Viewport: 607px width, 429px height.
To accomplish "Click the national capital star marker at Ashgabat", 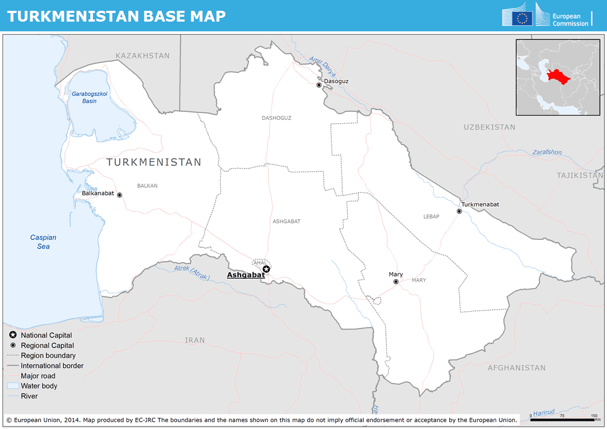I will coord(266,269).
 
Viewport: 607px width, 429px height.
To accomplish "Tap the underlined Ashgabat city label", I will coord(246,275).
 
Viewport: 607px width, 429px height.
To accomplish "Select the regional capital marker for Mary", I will coord(396,281).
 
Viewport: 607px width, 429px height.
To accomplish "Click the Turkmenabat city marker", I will coord(459,211).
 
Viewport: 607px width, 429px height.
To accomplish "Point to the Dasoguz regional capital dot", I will coord(319,85).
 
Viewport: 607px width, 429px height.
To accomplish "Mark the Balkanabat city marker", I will coord(119,195).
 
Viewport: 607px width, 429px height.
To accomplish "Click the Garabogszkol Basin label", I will coord(90,97).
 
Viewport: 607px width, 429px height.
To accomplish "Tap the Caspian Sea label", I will coord(43,242).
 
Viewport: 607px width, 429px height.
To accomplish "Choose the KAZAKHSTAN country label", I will coord(143,56).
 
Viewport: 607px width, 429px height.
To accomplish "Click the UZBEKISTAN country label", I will coord(489,127).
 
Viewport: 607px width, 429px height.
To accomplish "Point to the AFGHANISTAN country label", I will coord(516,367).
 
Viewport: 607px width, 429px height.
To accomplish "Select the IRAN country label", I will coord(195,340).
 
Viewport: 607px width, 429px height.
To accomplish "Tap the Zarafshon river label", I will coord(547,152).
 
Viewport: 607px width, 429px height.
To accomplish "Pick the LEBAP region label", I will coord(431,217).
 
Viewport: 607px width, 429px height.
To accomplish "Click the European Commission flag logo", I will coord(522,18).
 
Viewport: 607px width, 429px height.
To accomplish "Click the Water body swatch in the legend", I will coord(12,386).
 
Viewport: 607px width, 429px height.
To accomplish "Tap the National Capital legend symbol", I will coord(12,335).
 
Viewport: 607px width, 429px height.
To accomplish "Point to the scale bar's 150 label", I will coord(594,415).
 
